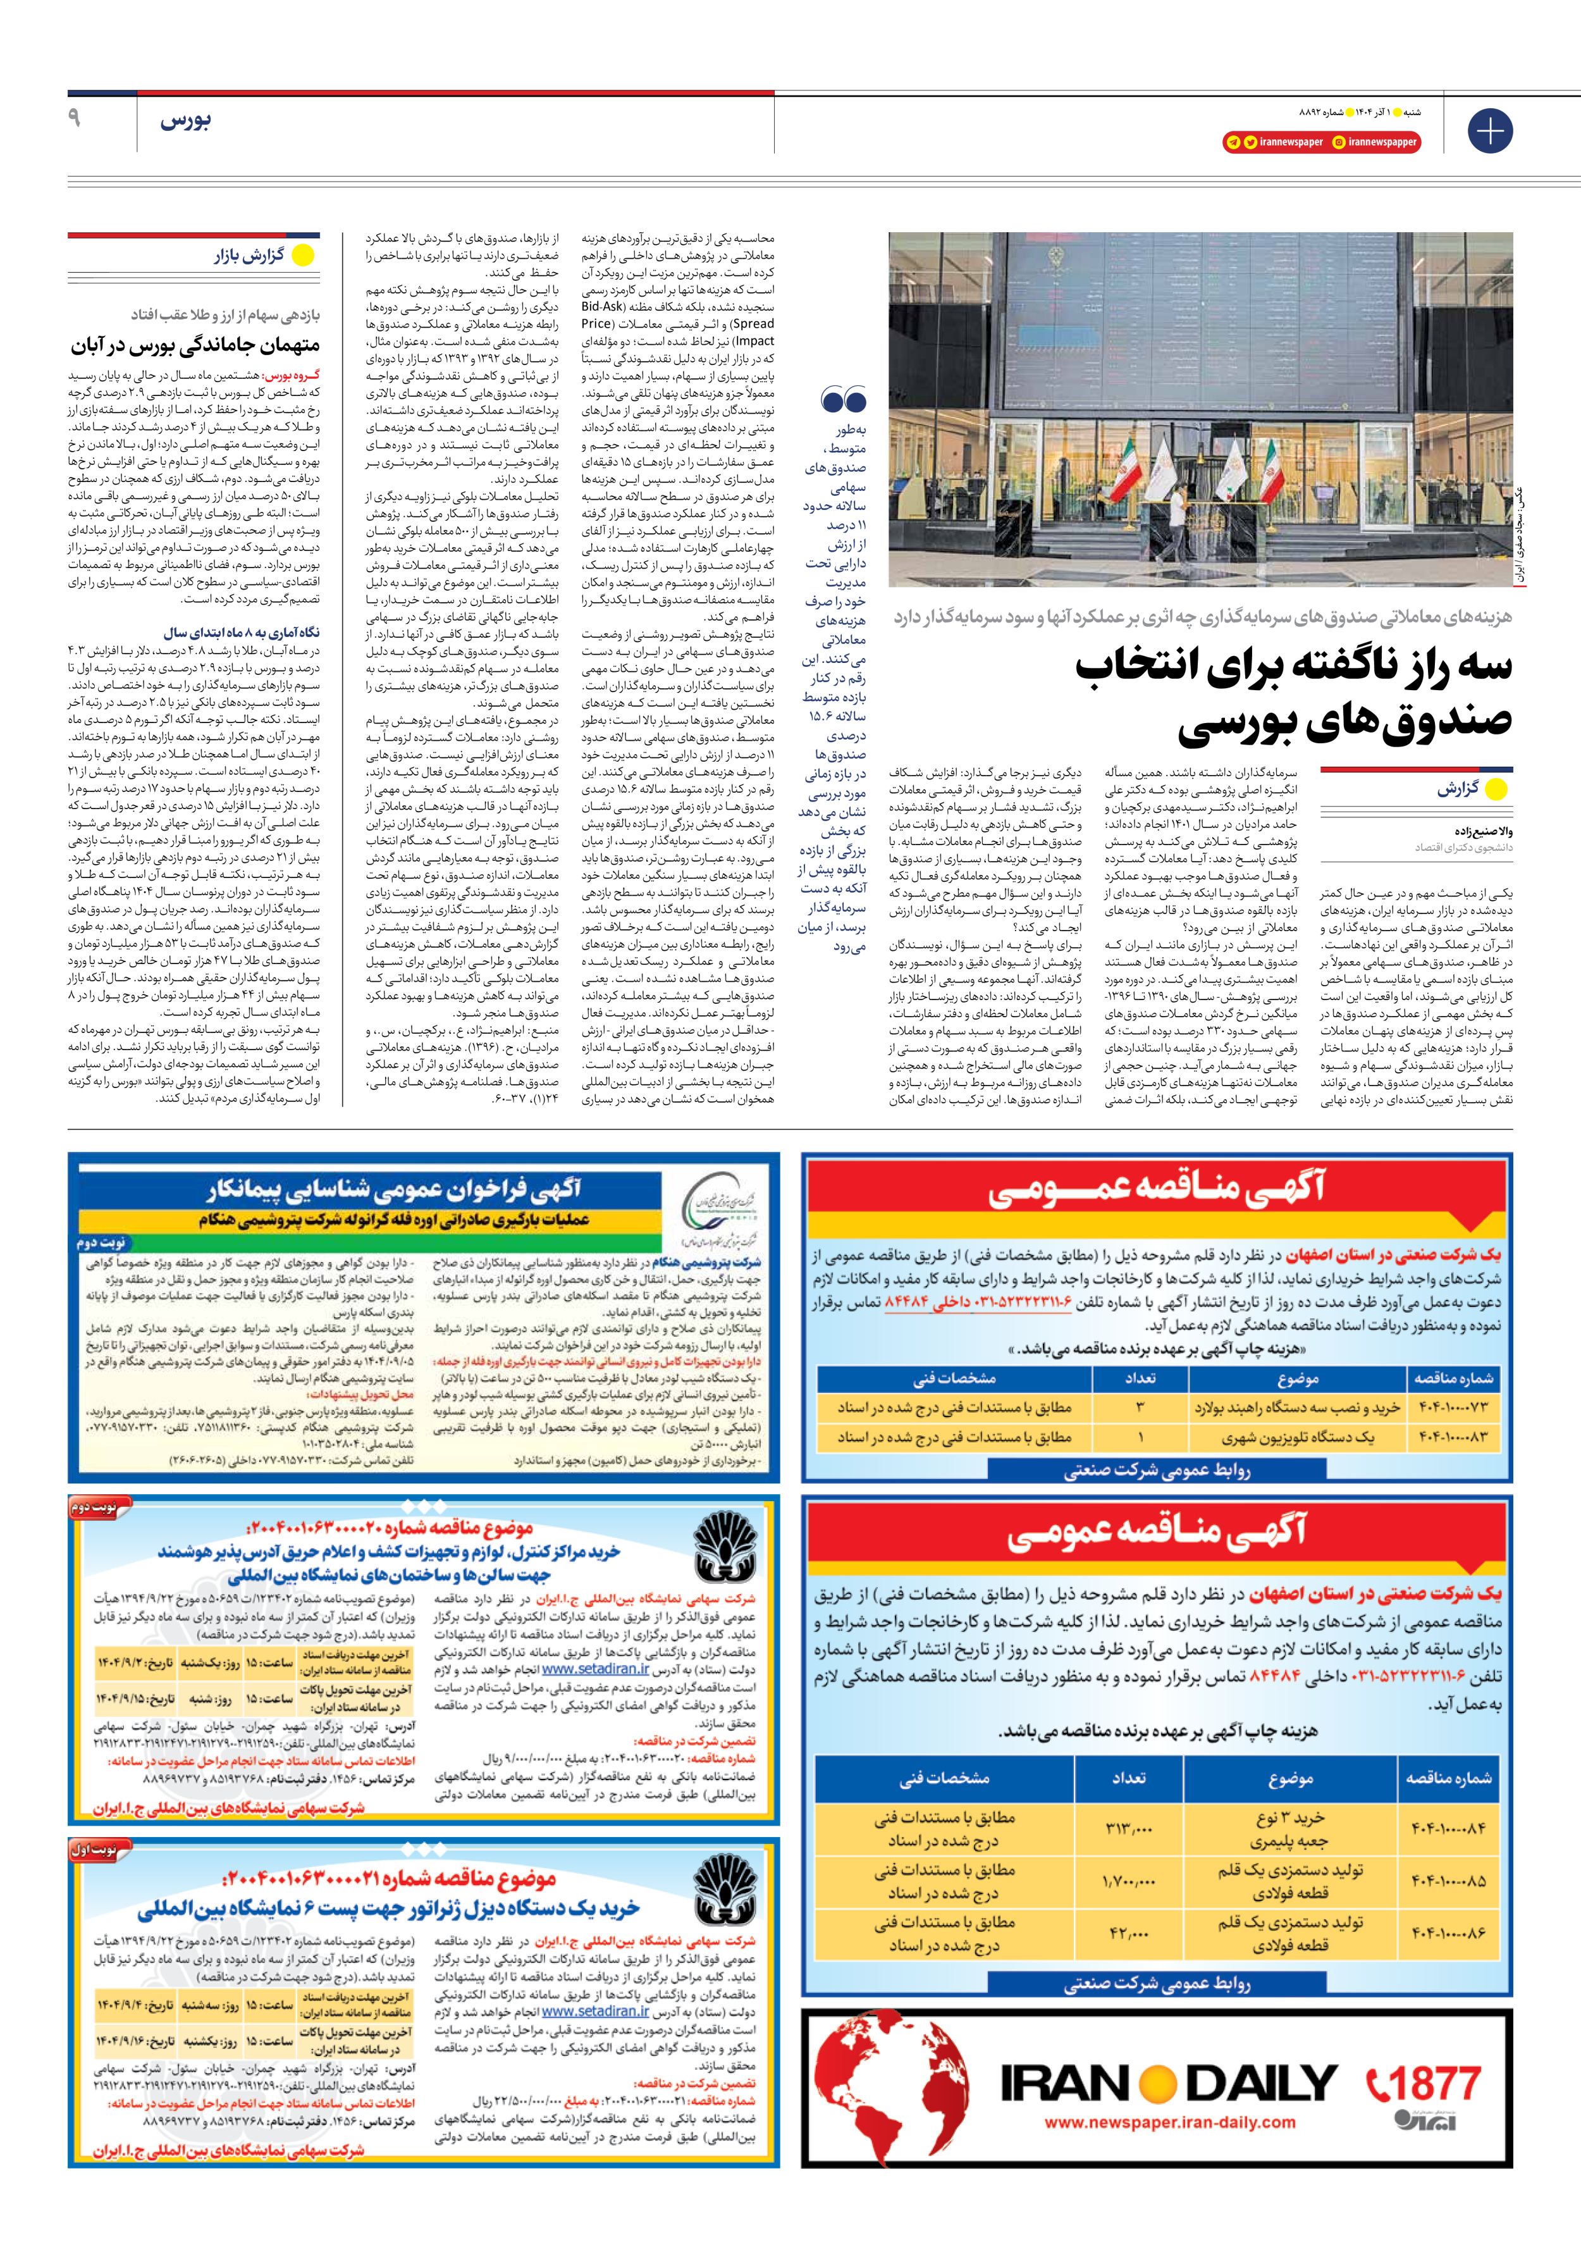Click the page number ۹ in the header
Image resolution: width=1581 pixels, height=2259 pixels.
(75, 118)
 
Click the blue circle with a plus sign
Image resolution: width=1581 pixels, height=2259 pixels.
(1489, 131)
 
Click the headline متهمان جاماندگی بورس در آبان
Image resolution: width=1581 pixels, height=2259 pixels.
(195, 345)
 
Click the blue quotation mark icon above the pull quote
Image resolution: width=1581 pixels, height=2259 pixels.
(843, 399)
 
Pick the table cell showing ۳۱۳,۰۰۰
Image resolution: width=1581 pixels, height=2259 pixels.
(1128, 1828)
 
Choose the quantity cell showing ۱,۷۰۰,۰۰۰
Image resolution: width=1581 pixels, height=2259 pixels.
(1128, 1881)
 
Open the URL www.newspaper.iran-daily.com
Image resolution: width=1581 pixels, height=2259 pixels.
(1170, 2122)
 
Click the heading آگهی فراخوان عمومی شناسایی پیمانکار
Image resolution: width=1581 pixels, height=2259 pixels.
(393, 1191)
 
